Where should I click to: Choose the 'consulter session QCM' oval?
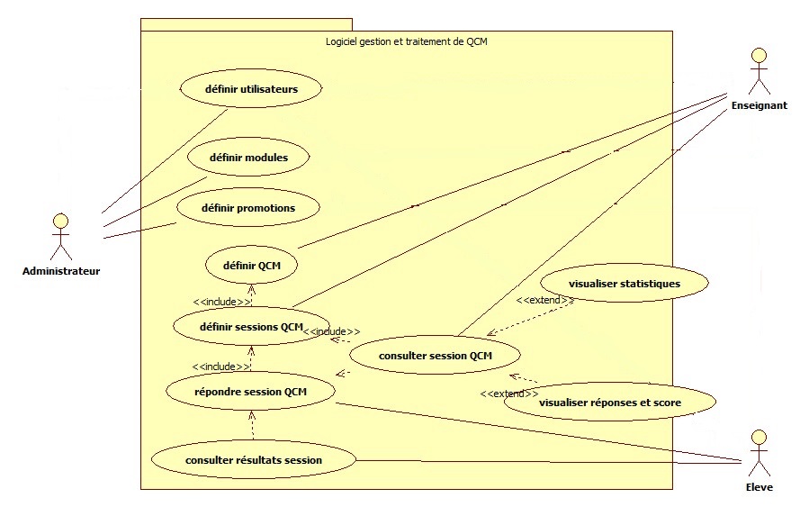pos(436,356)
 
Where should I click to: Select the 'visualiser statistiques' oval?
pos(625,284)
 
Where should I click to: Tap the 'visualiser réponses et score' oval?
pos(610,403)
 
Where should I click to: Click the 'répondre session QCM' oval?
pos(251,392)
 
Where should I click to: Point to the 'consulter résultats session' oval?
pos(254,460)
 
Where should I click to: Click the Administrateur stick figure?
pos(60,236)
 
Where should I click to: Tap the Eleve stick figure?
pos(760,452)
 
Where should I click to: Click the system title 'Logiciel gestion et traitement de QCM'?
pos(406,41)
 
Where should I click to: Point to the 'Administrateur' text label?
pos(61,271)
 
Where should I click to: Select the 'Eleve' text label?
pos(760,487)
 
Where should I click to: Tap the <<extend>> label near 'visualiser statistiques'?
pos(544,300)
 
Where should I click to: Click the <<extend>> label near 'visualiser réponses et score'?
pos(509,394)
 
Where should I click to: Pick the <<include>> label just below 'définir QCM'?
pos(221,302)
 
